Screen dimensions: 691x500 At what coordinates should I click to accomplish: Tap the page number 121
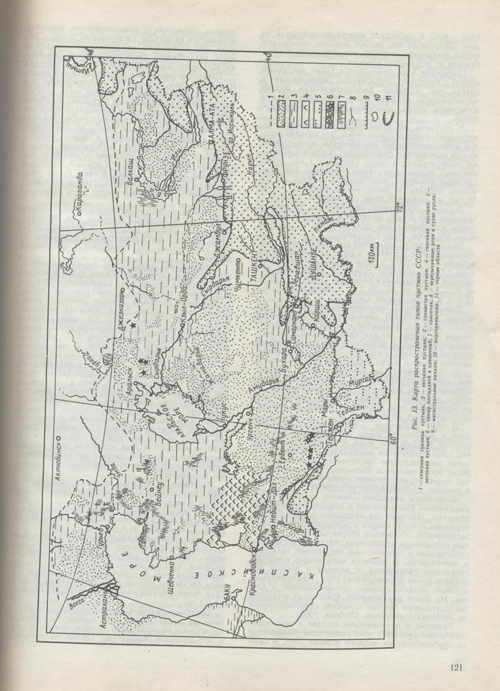456,667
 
